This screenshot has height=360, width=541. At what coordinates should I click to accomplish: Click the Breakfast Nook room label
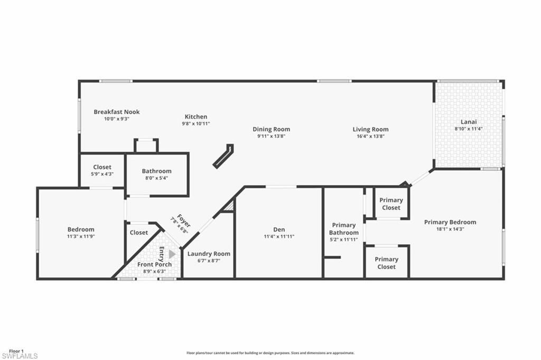point(116,112)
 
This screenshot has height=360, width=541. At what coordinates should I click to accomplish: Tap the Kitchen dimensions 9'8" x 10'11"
point(195,124)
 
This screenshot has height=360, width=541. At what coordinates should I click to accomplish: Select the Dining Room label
point(271,129)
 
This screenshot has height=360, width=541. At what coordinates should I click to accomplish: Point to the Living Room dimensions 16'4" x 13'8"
point(370,136)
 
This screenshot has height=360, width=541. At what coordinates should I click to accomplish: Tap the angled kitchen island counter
point(223,156)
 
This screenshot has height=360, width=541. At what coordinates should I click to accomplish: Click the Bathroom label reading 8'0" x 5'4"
point(156,178)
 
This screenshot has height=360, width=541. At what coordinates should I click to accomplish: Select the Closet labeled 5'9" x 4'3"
point(102,173)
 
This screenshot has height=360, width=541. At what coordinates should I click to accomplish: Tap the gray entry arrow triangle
point(172,254)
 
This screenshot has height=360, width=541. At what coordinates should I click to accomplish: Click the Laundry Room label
point(209,254)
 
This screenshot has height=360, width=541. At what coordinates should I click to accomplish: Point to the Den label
point(279,229)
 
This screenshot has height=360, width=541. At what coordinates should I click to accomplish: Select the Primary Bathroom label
point(343,229)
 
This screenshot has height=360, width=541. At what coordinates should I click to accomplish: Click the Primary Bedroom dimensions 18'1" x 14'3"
point(450,229)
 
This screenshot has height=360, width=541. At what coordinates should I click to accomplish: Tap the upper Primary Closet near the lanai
point(391,204)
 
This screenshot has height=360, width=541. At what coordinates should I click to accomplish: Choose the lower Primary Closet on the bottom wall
point(386,263)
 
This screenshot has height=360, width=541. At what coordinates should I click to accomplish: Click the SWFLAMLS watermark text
point(19,356)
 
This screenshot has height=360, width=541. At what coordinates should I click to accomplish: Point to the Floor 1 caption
point(16,350)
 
